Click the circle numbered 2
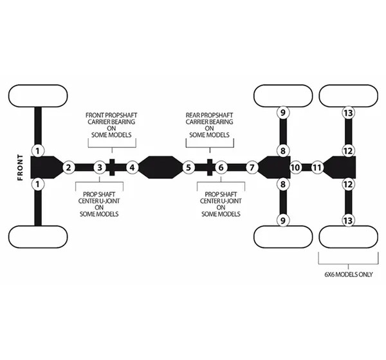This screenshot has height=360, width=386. coord(69,168)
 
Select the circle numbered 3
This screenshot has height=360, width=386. coord(100,168)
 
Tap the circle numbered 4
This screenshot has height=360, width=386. coord(132,168)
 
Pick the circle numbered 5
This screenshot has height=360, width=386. coord(188,168)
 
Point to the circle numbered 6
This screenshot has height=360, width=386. coord(221,168)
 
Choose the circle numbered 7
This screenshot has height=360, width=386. coord(252,168)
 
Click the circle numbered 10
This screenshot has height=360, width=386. coord(295,168)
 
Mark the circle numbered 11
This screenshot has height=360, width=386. coord(317,168)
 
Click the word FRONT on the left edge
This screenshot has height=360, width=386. coord(20,168)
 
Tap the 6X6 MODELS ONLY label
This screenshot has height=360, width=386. coord(348,274)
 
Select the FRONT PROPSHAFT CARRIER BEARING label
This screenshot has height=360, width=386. coord(111,125)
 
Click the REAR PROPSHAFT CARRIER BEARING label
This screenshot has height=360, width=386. coord(209,125)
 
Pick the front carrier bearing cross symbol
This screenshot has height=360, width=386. coord(112,167)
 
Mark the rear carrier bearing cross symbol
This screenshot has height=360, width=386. coord(210,167)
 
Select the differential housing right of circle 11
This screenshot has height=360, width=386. coord(340,167)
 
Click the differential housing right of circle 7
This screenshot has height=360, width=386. coord(274,167)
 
